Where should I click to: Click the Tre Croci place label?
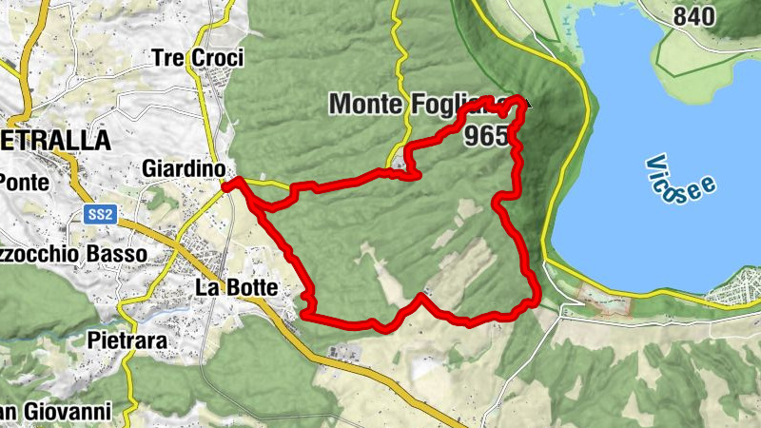coord(197,58)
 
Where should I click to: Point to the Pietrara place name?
coord(127,340)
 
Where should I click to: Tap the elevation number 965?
coord(487,136)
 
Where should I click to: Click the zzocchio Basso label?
coord(73,254)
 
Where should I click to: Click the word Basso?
coord(118,254)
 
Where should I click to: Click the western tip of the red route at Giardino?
coord(227,187)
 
